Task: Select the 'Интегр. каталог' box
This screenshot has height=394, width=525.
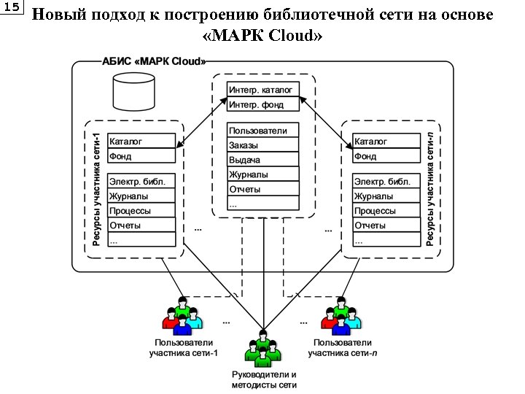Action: point(263,90)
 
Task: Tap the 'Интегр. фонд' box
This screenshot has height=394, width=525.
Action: point(263,104)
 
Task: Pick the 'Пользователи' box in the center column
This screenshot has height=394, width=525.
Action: point(263,131)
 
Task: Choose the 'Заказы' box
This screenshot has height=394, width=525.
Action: point(263,145)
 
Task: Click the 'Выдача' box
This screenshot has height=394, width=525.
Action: point(263,160)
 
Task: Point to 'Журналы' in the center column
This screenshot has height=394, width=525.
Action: point(263,174)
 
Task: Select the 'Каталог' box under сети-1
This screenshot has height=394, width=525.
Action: point(141,141)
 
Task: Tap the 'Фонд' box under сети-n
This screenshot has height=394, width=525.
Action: point(386,156)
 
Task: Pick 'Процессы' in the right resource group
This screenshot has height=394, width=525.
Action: point(386,211)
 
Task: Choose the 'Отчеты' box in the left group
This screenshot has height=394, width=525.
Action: point(141,225)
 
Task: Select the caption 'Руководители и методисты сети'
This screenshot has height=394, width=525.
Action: point(263,379)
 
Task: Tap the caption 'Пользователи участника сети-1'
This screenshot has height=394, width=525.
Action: point(183,348)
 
